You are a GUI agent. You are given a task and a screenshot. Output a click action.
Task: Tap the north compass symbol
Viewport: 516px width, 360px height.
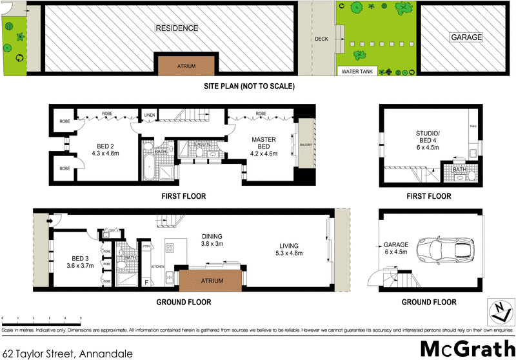500,312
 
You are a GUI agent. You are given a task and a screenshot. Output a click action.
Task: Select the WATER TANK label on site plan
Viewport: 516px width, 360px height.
359,71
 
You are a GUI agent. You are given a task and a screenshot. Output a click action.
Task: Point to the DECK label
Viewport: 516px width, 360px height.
321,38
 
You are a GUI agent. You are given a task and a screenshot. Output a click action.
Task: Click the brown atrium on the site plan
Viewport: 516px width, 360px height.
186,65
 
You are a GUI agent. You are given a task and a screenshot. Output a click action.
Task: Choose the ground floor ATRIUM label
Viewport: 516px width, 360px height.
212,281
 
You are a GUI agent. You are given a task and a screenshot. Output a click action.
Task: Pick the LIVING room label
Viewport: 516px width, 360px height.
289,248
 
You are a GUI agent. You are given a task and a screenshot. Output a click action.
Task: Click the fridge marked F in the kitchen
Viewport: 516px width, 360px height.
146,283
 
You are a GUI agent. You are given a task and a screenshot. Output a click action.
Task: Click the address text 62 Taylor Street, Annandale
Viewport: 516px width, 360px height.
67,353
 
